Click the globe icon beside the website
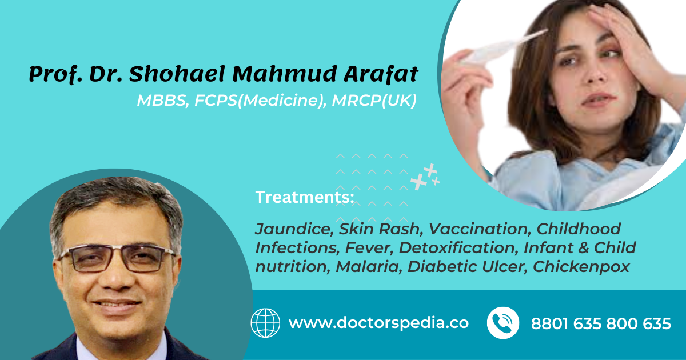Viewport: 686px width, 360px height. pos(265,323)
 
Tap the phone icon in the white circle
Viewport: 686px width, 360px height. pos(503,323)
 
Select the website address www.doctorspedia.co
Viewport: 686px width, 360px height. pos(378,323)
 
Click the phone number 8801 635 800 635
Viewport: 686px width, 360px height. pos(601,324)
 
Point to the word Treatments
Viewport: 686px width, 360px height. pos(304,198)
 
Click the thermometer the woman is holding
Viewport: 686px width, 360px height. pos(503,46)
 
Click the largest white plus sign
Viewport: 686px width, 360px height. pos(419,182)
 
